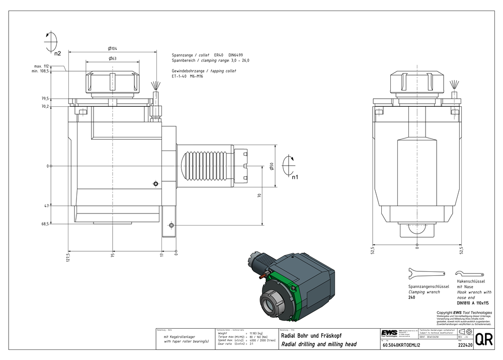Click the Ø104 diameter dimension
click(x=113, y=48)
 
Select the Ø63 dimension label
click(x=113, y=59)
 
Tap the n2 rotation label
click(x=57, y=52)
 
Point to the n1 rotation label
click(x=295, y=177)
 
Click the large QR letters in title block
click(x=484, y=339)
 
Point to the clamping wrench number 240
click(x=411, y=298)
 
